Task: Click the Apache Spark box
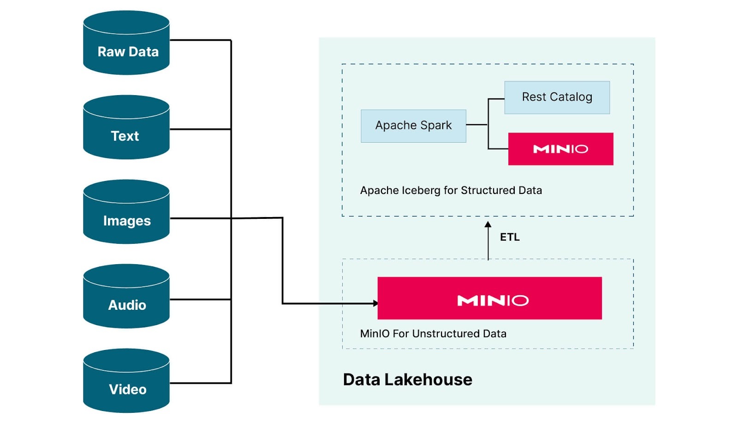tap(413, 126)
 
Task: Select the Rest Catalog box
tap(557, 97)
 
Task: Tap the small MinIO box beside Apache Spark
tap(560, 149)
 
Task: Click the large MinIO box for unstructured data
tap(489, 298)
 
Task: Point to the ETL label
tap(510, 237)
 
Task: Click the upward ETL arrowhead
tap(488, 225)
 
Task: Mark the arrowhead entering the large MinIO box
tap(375, 303)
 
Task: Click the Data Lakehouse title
tap(407, 380)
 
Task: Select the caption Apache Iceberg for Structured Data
tap(451, 190)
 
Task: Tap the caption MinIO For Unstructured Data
tap(433, 333)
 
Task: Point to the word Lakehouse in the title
tap(428, 380)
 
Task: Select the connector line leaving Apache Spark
tap(476, 125)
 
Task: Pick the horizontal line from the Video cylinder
tap(200, 383)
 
